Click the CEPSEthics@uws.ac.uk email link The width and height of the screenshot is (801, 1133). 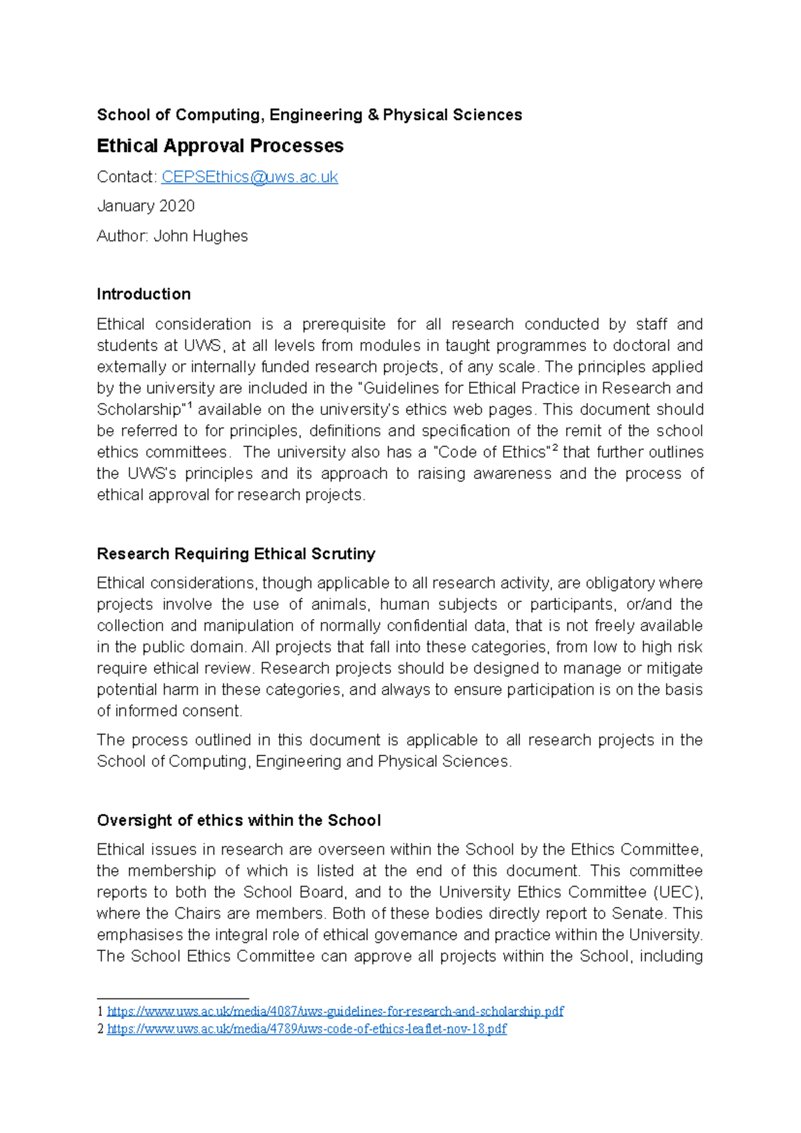250,177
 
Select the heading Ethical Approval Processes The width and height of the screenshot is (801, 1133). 220,146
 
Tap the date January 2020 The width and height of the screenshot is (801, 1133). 146,206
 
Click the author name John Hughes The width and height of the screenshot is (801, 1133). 200,236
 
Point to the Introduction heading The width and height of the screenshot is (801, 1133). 144,294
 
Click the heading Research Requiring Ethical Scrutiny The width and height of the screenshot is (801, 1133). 236,554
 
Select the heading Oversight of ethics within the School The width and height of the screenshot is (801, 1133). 238,821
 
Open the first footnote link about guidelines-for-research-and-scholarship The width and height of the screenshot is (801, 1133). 335,1012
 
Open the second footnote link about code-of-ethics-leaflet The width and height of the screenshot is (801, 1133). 306,1029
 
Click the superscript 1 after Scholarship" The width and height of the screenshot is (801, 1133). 190,405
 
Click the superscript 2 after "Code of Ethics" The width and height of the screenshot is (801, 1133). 554,448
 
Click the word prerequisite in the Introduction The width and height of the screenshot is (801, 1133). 343,324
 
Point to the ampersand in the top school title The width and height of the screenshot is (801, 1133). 373,115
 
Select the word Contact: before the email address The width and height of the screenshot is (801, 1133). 127,177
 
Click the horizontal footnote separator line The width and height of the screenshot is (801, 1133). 172,998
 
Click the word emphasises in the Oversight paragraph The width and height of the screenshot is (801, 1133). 140,935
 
